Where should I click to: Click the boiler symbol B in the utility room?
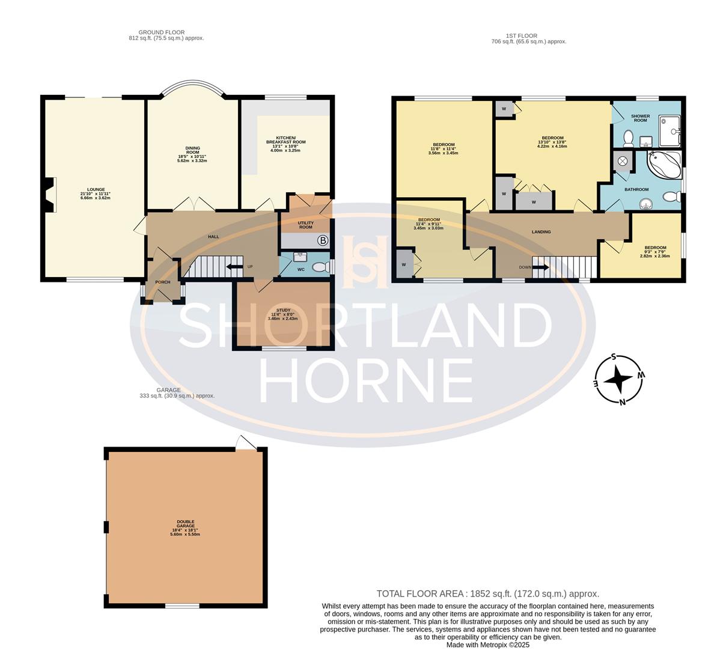[x=323, y=241]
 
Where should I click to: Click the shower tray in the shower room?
[x=670, y=131]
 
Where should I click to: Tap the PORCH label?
[x=162, y=282]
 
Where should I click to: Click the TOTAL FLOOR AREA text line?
[x=487, y=593]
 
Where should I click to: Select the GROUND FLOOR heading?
[x=161, y=32]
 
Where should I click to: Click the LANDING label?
[x=541, y=231]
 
